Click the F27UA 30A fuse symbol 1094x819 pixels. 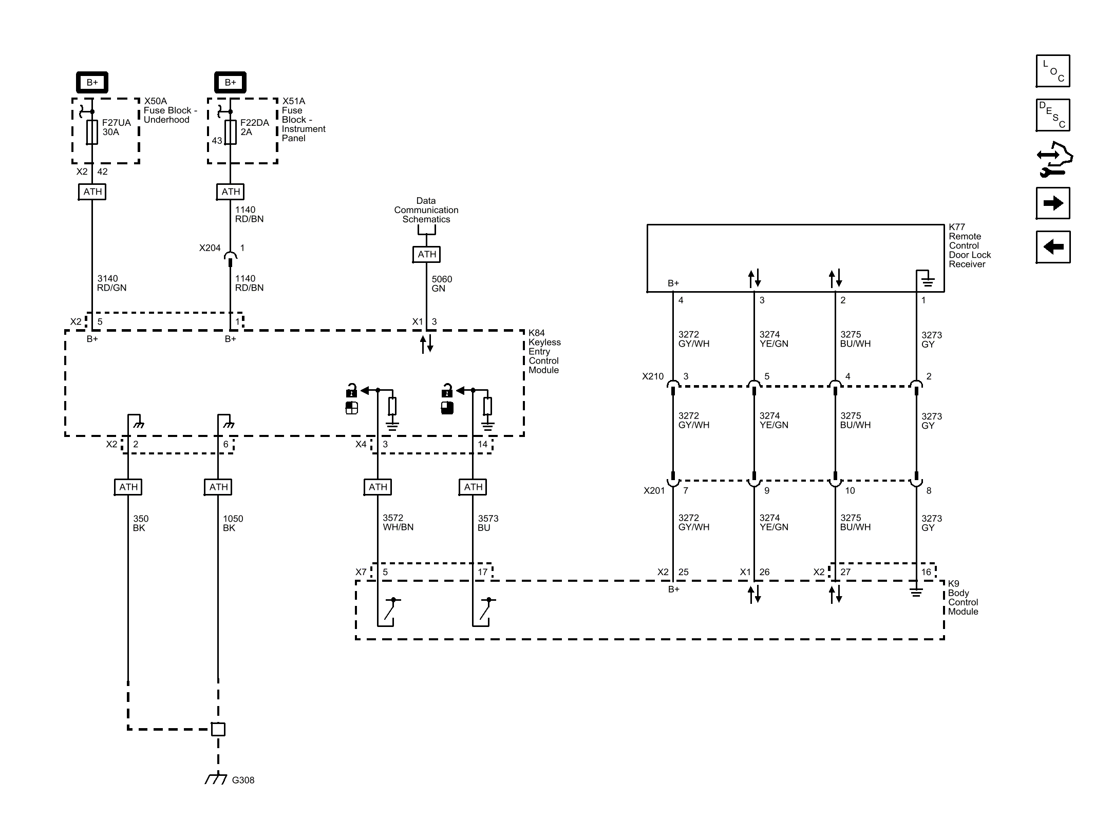coord(92,132)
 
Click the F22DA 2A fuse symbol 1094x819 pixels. coord(231,132)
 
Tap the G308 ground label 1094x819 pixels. coord(243,780)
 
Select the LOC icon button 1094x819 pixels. coord(1053,71)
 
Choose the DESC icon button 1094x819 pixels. coord(1053,115)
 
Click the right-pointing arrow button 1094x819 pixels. coord(1053,203)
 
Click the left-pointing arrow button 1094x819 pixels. coord(1053,247)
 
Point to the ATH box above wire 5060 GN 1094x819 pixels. coord(427,254)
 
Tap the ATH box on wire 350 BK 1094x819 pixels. coord(128,487)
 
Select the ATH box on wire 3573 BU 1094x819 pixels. coord(473,487)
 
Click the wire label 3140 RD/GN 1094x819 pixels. coord(112,283)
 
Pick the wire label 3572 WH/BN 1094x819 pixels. coord(398,523)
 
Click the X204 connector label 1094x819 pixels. coord(210,248)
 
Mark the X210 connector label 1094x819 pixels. coord(653,376)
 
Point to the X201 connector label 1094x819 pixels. coord(654,491)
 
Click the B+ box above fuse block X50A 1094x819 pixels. coord(92,82)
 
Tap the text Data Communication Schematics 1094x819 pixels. coord(426,210)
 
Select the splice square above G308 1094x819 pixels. coord(218,729)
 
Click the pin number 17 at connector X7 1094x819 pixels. coord(483,572)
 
